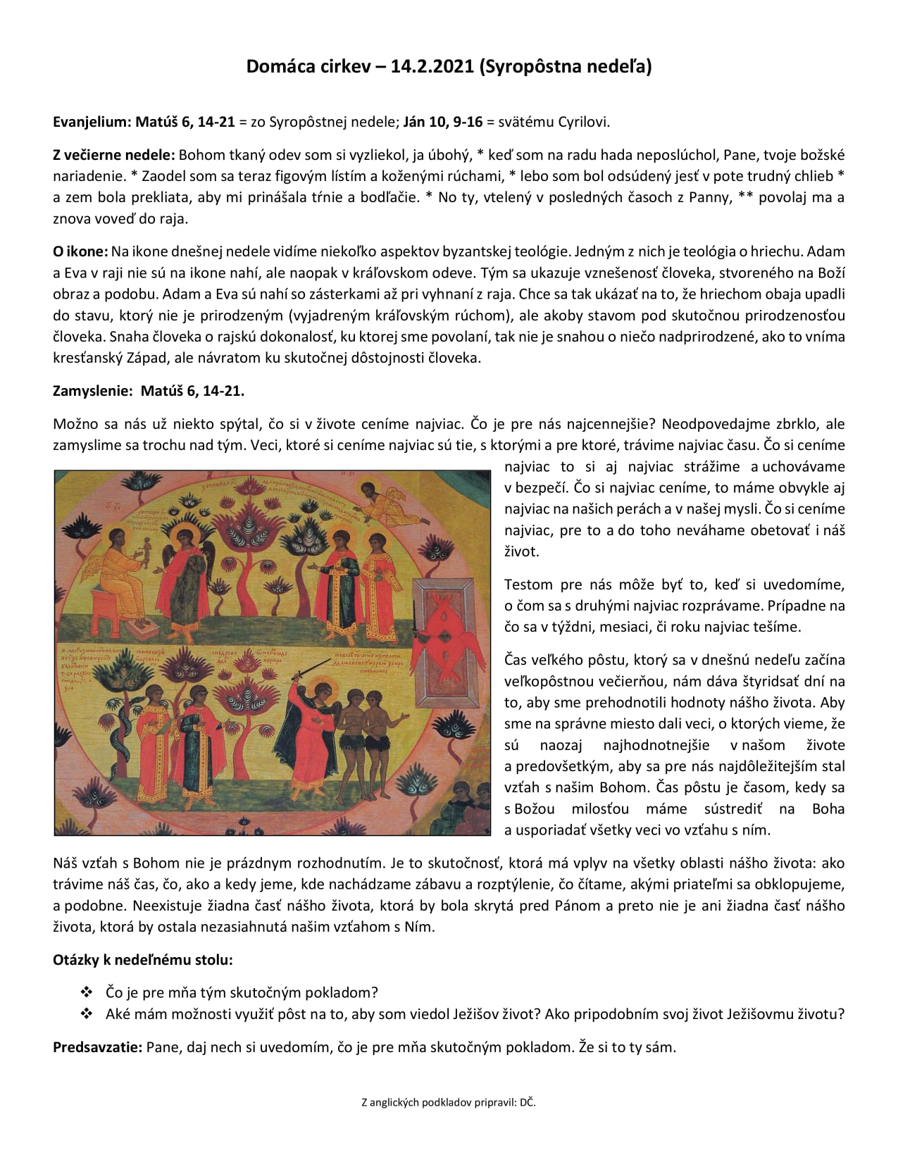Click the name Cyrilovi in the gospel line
pos(584,122)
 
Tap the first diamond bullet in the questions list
pos(87,992)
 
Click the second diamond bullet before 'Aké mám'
pos(87,1014)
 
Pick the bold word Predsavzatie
pos(97,1047)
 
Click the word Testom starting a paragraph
pos(528,585)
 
